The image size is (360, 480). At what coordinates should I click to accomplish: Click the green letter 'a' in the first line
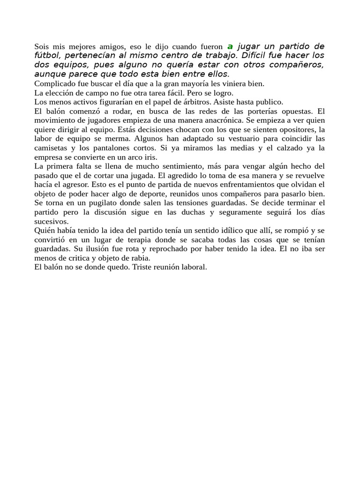(230, 46)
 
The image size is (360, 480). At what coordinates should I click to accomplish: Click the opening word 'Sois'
(42, 46)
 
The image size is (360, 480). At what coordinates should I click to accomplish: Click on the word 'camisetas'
(51, 148)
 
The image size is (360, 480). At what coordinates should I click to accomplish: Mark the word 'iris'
(150, 157)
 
